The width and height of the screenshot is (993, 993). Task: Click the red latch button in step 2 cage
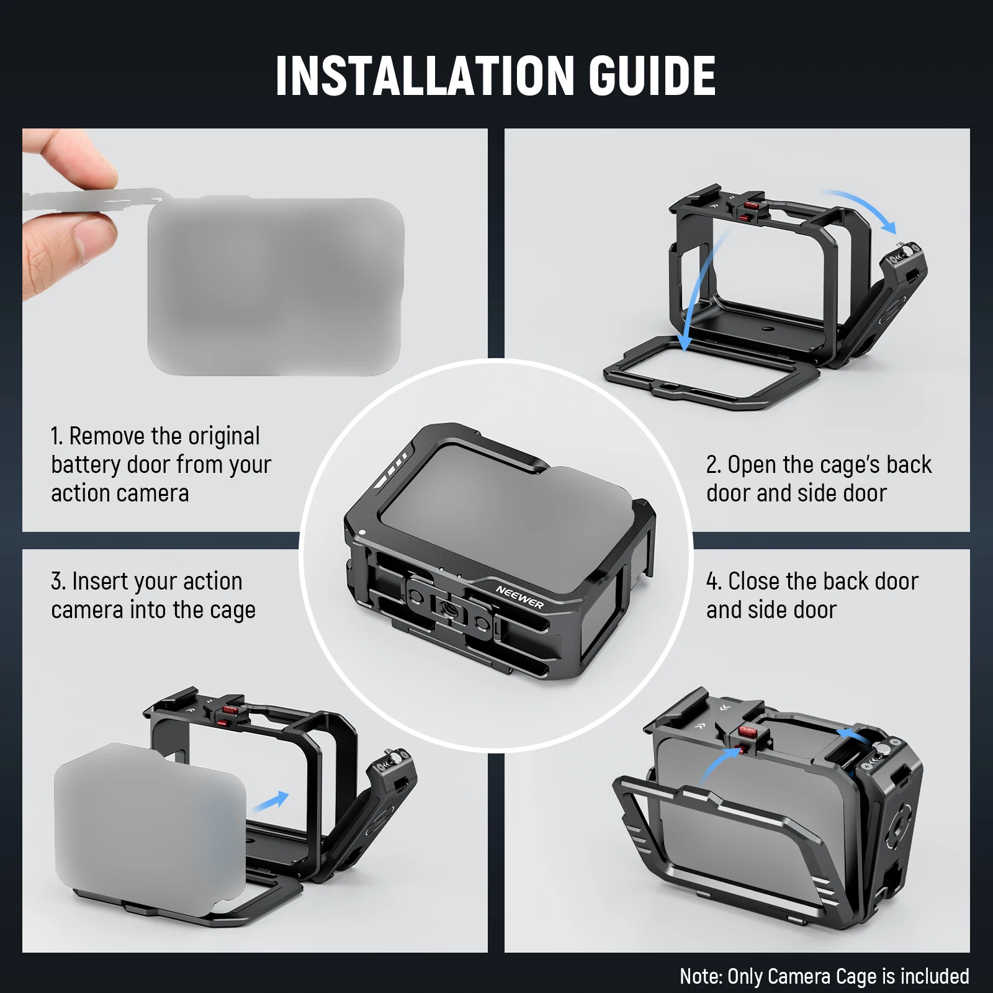(x=751, y=205)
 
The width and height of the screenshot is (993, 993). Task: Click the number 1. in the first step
(x=56, y=436)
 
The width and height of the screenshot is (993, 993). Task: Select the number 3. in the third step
(x=58, y=582)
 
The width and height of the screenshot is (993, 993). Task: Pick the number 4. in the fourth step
(x=713, y=582)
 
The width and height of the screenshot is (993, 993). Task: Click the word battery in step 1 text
(x=86, y=465)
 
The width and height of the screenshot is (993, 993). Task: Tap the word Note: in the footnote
(x=700, y=976)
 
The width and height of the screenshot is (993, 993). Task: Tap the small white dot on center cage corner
(x=362, y=532)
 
